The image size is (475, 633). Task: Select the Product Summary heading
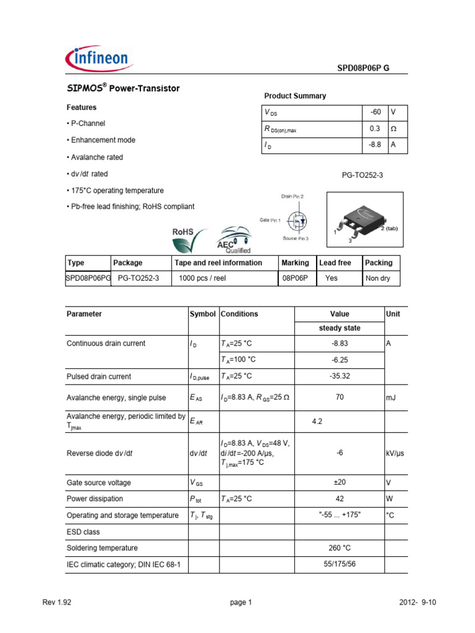click(295, 96)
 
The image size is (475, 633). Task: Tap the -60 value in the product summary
click(375, 113)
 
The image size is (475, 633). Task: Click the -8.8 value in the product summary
click(375, 145)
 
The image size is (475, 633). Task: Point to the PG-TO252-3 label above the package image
click(362, 176)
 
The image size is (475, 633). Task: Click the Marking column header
click(295, 263)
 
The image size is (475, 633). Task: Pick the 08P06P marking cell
click(295, 278)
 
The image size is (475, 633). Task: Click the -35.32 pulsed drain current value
click(340, 376)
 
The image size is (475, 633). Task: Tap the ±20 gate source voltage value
click(340, 483)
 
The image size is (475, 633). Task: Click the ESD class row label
click(83, 532)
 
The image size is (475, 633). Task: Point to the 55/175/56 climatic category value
click(340, 564)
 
